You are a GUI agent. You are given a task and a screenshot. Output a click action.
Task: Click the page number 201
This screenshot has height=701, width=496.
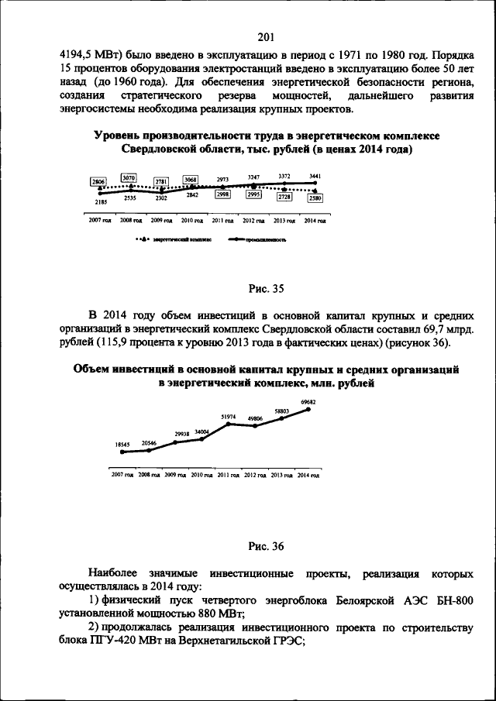click(x=267, y=37)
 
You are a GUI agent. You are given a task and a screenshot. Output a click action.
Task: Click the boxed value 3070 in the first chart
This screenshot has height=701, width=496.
click(x=129, y=178)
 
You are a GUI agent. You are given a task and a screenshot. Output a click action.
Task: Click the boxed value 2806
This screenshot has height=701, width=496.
click(x=98, y=181)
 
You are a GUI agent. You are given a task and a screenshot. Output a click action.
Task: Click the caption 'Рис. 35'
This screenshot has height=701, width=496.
click(x=267, y=290)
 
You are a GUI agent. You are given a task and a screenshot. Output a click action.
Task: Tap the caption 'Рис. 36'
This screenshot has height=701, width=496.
click(x=267, y=547)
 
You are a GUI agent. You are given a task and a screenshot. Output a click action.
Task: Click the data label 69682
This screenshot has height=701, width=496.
click(x=308, y=402)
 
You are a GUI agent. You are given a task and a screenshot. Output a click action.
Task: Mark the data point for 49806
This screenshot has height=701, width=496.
click(x=254, y=425)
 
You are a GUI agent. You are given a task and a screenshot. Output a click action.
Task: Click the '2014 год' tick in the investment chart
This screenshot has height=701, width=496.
click(x=308, y=474)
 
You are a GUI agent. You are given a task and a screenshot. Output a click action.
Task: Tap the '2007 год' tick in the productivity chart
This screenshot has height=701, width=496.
click(x=99, y=221)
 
